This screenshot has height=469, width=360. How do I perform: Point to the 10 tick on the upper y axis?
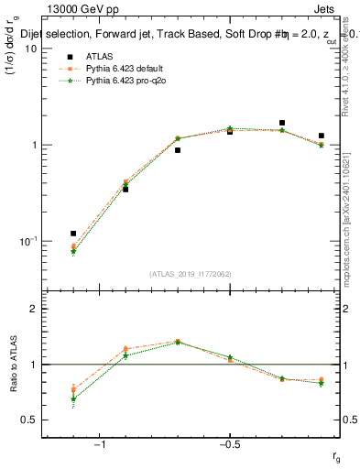coord(30,49)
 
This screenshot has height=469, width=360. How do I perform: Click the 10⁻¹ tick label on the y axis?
coord(27,241)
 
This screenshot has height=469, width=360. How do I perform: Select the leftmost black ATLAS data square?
coord(73,234)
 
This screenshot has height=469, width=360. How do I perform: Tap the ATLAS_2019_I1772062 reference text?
coord(191,273)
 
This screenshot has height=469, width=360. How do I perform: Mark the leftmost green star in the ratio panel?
coord(73,398)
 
